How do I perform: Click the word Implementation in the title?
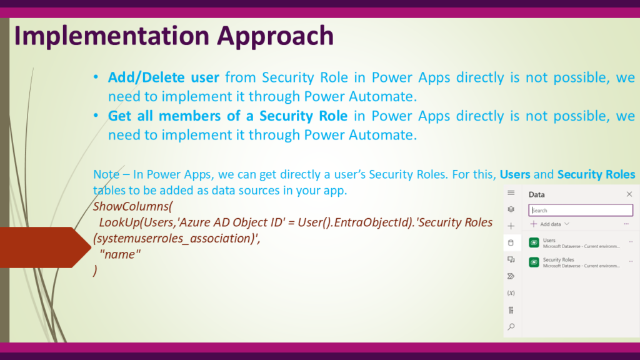point(111,36)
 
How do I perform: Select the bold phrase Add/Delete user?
point(163,77)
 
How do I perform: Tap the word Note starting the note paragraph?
point(106,174)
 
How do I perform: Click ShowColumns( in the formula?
point(133,206)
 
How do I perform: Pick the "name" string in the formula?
point(120,254)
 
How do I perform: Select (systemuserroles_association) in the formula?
point(174,238)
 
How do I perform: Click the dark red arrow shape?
point(45,247)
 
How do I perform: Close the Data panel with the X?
point(629,194)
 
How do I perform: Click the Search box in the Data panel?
point(581,210)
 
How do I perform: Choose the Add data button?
point(550,224)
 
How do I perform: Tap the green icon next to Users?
point(534,242)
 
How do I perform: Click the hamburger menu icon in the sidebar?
point(511,192)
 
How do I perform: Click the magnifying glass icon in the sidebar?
point(511,326)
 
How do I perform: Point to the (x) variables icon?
point(511,293)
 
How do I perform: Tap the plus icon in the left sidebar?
point(511,226)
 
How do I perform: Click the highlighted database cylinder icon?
point(511,243)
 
